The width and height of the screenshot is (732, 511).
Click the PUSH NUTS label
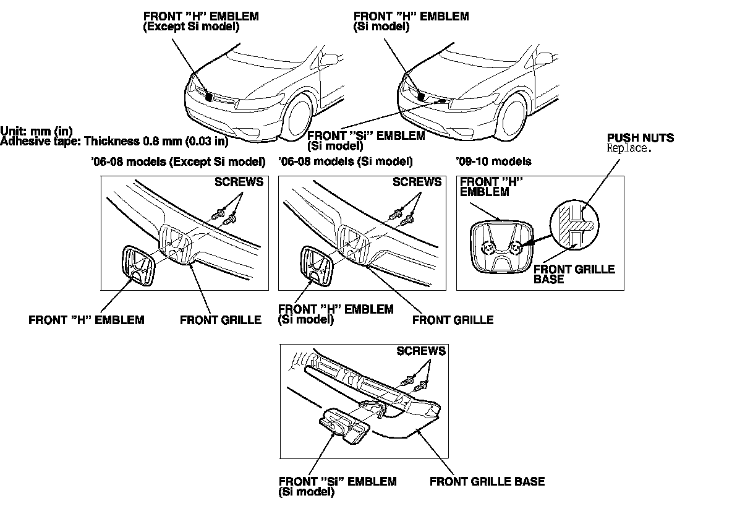640,138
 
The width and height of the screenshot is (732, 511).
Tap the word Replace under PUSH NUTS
629,148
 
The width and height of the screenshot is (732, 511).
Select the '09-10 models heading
493,162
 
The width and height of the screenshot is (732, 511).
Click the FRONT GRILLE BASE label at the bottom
487,481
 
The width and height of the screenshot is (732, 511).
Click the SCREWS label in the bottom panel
420,351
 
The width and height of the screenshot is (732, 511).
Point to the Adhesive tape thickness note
114,141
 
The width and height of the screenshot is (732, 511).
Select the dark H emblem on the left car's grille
209,97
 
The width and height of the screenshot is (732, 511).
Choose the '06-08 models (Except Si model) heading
178,162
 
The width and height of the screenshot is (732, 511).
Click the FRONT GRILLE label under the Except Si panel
221,320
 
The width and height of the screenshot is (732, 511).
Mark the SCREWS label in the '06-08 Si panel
417,182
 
